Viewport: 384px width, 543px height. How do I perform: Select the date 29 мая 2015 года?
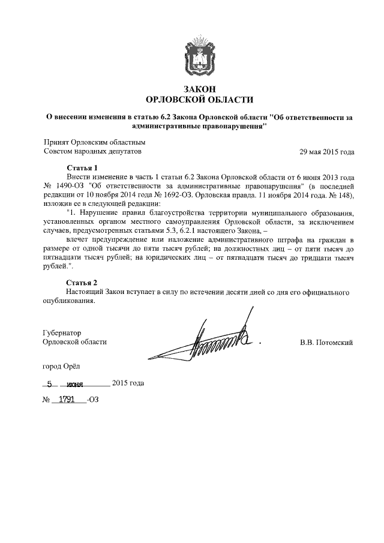coord(326,152)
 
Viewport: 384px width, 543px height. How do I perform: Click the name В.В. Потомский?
coord(326,342)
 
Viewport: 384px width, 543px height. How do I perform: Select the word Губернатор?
coord(62,332)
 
